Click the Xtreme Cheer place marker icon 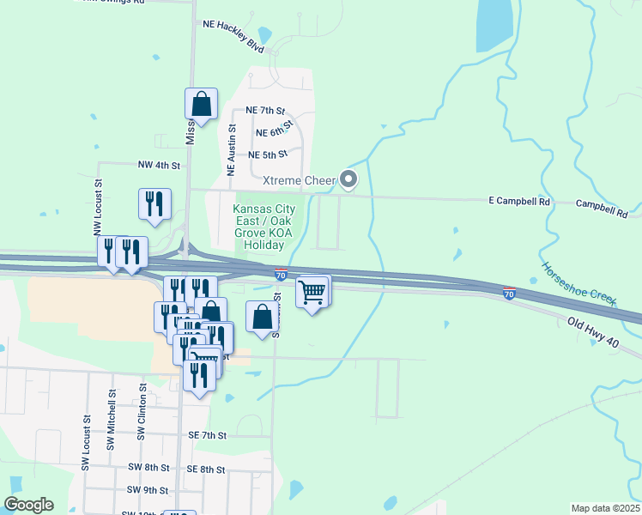tap(348, 179)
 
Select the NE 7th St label tap(264, 111)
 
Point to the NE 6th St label tap(275, 132)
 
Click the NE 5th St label tap(267, 154)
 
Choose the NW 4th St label tap(160, 164)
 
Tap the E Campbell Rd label tap(518, 202)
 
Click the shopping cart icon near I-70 tap(313, 292)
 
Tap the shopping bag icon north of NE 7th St tap(201, 104)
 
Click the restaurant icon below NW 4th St tap(154, 203)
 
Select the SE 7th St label tap(207, 436)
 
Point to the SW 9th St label tap(148, 489)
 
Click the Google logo tap(28, 505)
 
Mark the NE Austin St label tap(231, 149)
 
